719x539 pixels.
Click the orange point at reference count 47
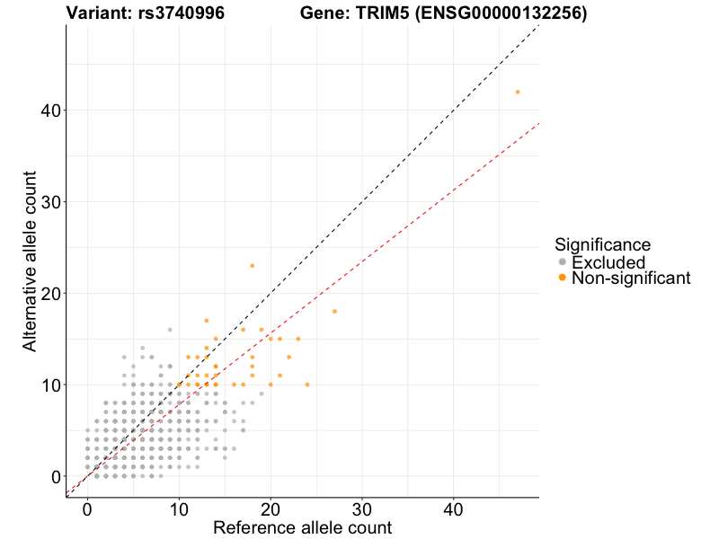tap(518, 92)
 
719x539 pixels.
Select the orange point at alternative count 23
tap(253, 265)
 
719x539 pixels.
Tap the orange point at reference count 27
tap(334, 312)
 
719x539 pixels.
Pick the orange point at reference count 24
tap(307, 384)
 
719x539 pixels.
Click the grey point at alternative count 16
tap(170, 330)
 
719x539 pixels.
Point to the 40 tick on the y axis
tap(64, 110)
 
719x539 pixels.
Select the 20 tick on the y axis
tap(64, 293)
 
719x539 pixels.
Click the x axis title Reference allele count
tap(302, 527)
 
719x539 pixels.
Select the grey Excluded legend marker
tap(563, 262)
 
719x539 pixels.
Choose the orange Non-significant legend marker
tap(563, 278)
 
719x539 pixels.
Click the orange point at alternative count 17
tap(207, 321)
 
